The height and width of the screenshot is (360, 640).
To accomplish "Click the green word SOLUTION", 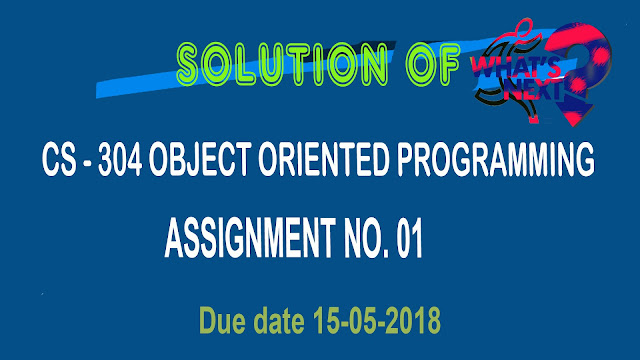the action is pyautogui.click(x=282, y=64).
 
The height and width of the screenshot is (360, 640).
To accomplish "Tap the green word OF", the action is pyautogui.click(x=433, y=64).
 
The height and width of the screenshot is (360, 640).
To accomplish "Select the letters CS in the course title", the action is pyautogui.click(x=59, y=159).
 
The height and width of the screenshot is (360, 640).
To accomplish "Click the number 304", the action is pyautogui.click(x=120, y=159).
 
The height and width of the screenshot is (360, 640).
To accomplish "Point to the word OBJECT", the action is pyautogui.click(x=200, y=159).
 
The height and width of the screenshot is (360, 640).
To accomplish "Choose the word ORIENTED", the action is pyautogui.click(x=324, y=159).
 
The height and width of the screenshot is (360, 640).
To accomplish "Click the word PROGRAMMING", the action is pyautogui.click(x=496, y=159).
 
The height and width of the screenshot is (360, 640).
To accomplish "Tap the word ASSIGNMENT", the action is pyautogui.click(x=250, y=238).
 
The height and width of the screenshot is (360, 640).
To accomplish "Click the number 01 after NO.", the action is pyautogui.click(x=409, y=238).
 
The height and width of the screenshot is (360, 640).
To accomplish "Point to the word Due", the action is pyautogui.click(x=223, y=320).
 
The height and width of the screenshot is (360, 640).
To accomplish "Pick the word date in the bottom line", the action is pyautogui.click(x=279, y=320).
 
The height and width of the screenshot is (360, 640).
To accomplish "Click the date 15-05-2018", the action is pyautogui.click(x=377, y=320).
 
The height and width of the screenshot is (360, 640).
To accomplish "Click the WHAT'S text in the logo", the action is pyautogui.click(x=515, y=68).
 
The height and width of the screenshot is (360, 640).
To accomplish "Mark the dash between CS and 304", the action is pyautogui.click(x=87, y=162).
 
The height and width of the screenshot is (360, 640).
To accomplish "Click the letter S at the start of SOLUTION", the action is pyautogui.click(x=188, y=65).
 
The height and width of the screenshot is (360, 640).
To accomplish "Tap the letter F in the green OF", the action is pyautogui.click(x=449, y=64).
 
